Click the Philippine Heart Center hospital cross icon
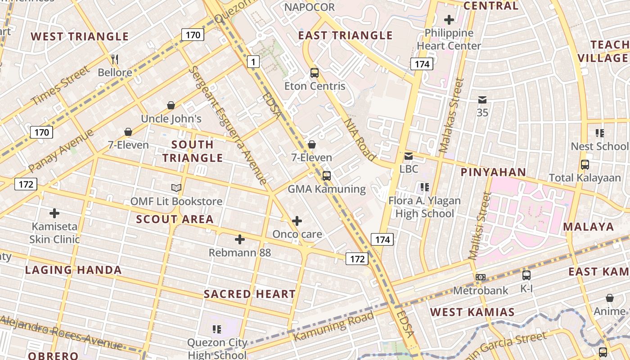pyautogui.click(x=449, y=20)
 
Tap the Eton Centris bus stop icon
pyautogui.click(x=315, y=72)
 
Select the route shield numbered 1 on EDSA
pyautogui.click(x=253, y=62)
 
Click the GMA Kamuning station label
pyautogui.click(x=327, y=189)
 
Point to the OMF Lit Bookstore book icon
pyautogui.click(x=176, y=188)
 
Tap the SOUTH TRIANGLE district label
pyautogui.click(x=193, y=151)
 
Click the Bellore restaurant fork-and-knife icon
pyautogui.click(x=115, y=59)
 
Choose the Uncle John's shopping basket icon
pyautogui.click(x=171, y=105)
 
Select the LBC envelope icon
pyautogui.click(x=409, y=156)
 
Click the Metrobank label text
pyautogui.click(x=481, y=291)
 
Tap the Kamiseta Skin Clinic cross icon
pyautogui.click(x=54, y=213)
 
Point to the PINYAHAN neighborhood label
pyautogui.click(x=493, y=172)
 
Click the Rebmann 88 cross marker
pyautogui.click(x=240, y=239)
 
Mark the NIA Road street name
pyautogui.click(x=360, y=139)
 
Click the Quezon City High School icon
pyautogui.click(x=217, y=329)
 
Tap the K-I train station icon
pyautogui.click(x=526, y=275)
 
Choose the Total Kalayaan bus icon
pyautogui.click(x=585, y=165)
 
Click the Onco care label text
pyautogui.click(x=297, y=234)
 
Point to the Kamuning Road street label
pyautogui.click(x=333, y=326)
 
